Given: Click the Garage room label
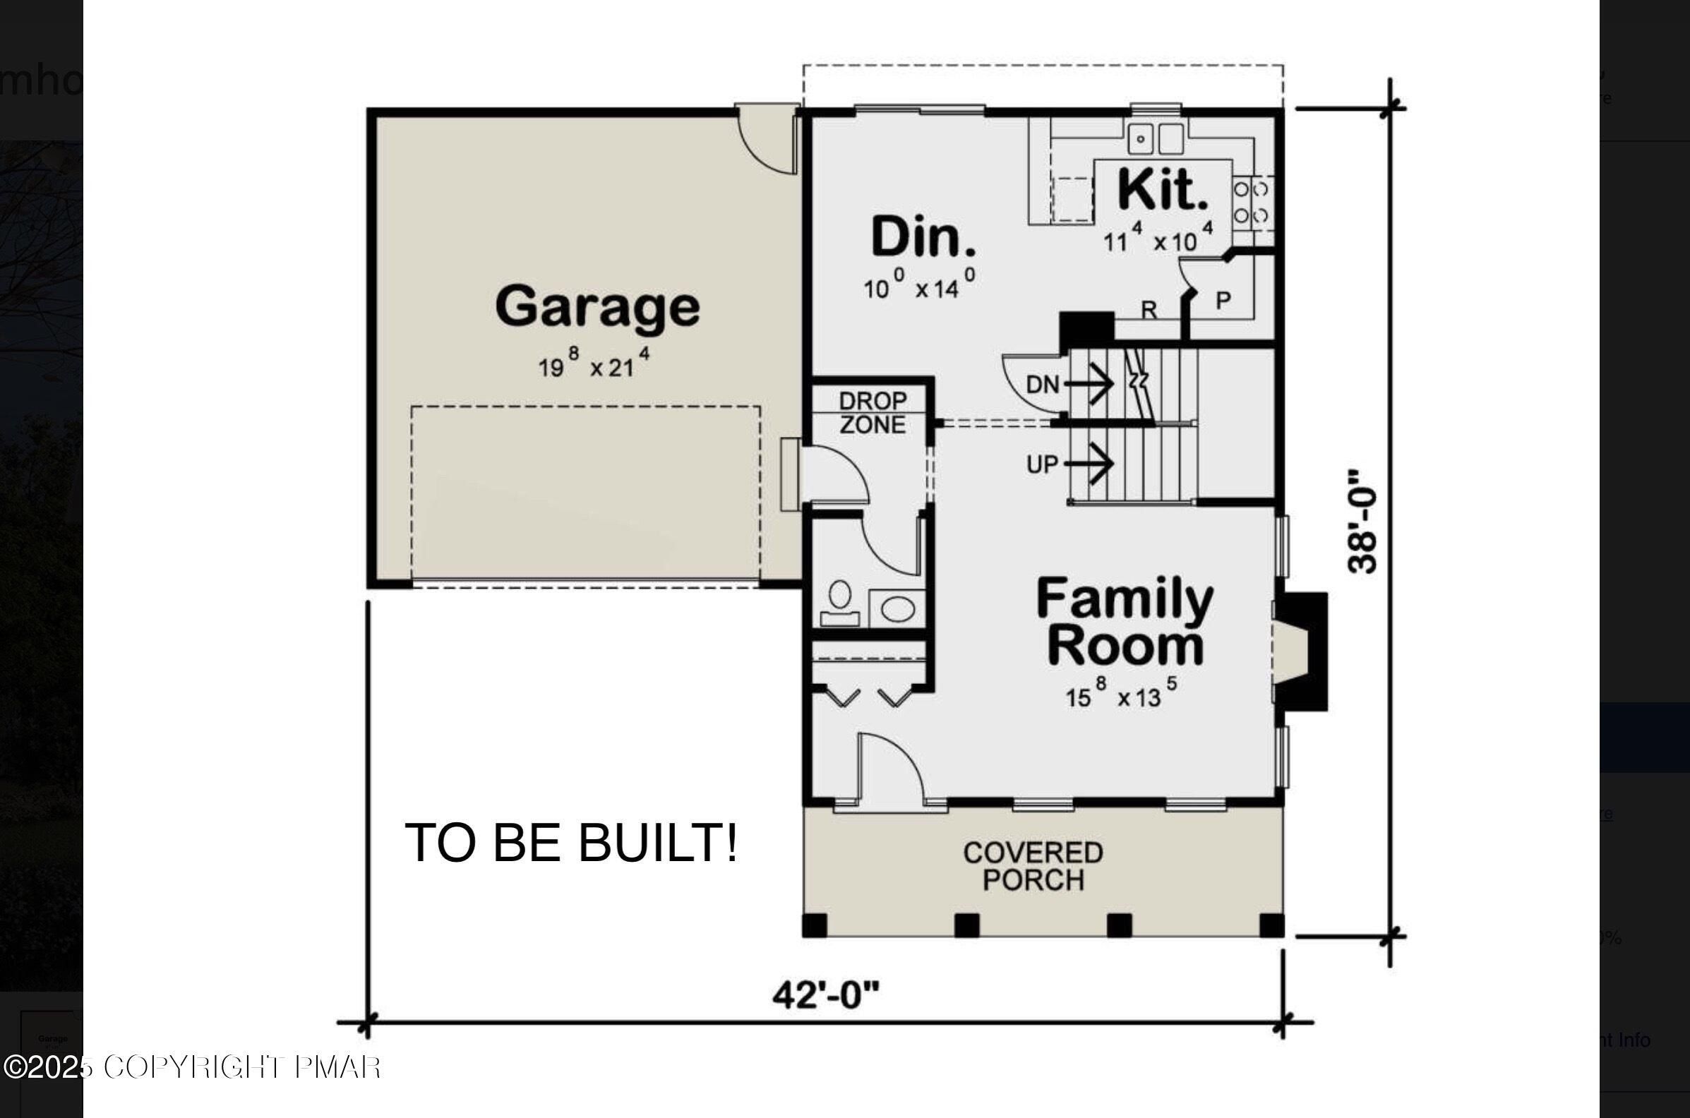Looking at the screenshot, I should click(x=597, y=306).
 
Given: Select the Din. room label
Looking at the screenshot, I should click(x=923, y=237).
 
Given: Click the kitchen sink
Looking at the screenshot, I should click(x=1155, y=138).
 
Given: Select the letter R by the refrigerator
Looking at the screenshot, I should click(x=1149, y=309).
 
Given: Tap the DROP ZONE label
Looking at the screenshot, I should click(x=873, y=412).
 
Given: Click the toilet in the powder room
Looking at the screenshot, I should click(x=840, y=601).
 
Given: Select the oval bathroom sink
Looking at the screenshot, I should click(x=897, y=610).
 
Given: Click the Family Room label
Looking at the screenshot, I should click(x=1125, y=622).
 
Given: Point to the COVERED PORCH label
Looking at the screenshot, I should click(x=1033, y=866).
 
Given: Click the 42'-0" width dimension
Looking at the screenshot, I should click(x=826, y=994).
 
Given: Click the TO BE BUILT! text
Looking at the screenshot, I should click(x=571, y=843).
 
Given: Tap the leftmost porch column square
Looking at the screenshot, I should click(x=815, y=925).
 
